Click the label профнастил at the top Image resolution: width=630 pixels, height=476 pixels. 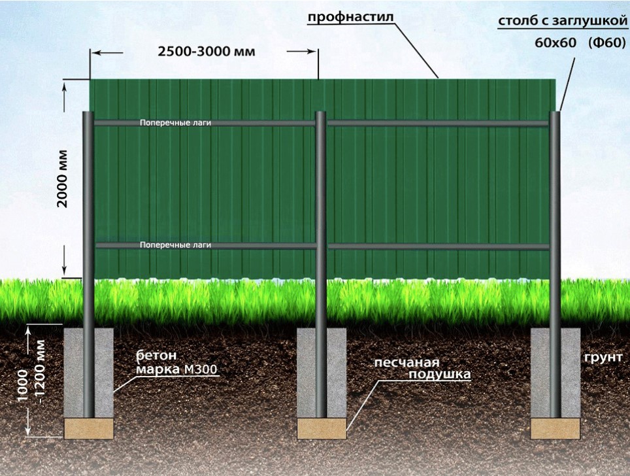tap(351, 18)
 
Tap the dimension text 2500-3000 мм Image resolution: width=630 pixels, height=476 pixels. tap(207, 52)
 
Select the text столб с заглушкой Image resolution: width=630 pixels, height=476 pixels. tap(563, 22)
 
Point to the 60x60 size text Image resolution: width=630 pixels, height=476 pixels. tap(555, 42)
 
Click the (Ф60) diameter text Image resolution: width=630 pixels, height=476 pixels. tap(607, 42)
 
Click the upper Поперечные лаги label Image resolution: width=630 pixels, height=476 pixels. tap(176, 123)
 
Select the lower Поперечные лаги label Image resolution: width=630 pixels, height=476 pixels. tap(176, 245)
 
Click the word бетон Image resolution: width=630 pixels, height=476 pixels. tap(157, 356)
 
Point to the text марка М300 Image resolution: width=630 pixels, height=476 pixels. tap(177, 369)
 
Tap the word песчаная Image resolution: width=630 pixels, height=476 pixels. tap(406, 363)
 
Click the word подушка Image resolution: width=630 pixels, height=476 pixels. tap(440, 375)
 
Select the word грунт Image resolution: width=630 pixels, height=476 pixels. tap(604, 358)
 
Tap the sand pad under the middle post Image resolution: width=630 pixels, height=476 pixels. tap(322, 428)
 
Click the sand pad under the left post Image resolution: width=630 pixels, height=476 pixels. tap(89, 428)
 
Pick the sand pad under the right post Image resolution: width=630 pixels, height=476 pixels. tap(555, 428)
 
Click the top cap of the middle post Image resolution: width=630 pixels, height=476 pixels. tap(320, 113)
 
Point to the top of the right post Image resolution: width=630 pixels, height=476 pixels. tap(555, 113)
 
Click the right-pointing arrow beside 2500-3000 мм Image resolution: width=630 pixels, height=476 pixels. tap(301, 52)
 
